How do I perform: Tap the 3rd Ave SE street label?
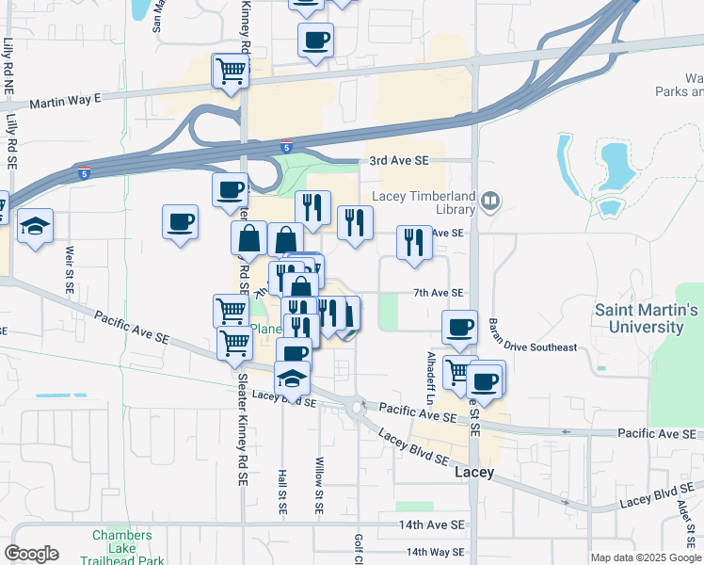(x=399, y=161)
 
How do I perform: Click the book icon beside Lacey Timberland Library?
(x=490, y=201)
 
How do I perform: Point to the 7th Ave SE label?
(x=438, y=293)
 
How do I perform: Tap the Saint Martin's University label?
(x=647, y=318)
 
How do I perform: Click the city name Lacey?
(x=474, y=473)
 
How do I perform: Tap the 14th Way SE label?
(x=436, y=552)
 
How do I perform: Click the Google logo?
(x=31, y=554)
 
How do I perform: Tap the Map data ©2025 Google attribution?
(x=646, y=557)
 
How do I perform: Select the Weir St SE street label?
(x=71, y=269)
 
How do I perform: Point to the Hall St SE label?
(x=281, y=491)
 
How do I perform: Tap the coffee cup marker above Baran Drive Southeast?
(x=459, y=328)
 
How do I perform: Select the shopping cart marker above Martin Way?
(x=231, y=70)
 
